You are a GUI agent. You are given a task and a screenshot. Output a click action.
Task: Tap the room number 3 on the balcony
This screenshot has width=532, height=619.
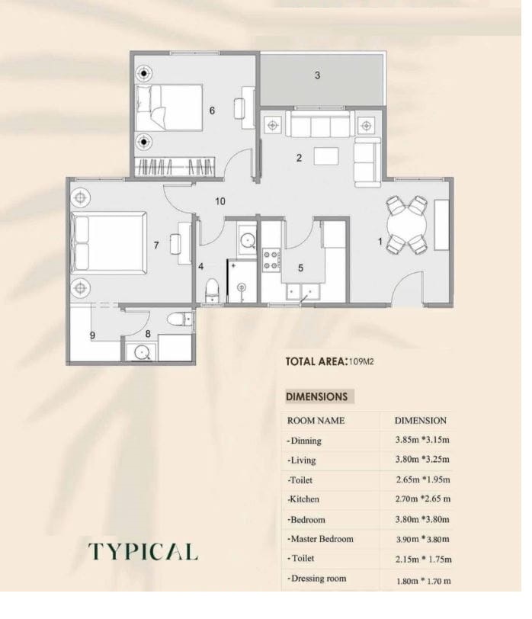pyautogui.click(x=317, y=75)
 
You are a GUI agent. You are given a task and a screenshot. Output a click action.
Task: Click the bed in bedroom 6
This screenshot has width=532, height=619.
pyautogui.click(x=169, y=107)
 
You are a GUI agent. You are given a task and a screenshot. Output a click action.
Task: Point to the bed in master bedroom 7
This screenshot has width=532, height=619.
pyautogui.click(x=109, y=243)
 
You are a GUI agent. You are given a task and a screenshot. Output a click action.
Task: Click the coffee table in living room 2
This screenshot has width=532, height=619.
pyautogui.click(x=326, y=156)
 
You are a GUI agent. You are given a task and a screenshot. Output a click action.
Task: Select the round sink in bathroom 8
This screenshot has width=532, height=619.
pyautogui.click(x=141, y=352)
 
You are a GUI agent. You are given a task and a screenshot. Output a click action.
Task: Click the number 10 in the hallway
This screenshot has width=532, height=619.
pyautogui.click(x=220, y=201)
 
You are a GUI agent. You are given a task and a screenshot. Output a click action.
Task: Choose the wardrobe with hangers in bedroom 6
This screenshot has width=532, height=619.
pyautogui.click(x=175, y=167)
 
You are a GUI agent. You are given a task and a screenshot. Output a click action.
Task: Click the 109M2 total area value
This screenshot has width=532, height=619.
pyautogui.click(x=361, y=361)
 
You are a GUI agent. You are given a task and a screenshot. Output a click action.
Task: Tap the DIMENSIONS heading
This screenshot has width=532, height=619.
pyautogui.click(x=316, y=396)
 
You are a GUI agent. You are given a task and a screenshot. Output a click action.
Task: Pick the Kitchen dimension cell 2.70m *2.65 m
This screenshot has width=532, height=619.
pyautogui.click(x=423, y=499)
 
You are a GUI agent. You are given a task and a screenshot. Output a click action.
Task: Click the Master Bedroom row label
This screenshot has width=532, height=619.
pyautogui.click(x=320, y=539)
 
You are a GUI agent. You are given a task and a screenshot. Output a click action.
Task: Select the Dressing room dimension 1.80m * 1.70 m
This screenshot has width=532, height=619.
pyautogui.click(x=424, y=581)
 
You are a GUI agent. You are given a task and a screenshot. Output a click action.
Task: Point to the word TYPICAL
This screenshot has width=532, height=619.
pyautogui.click(x=143, y=551)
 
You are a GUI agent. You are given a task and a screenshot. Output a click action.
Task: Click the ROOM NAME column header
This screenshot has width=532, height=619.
pyautogui.click(x=316, y=421)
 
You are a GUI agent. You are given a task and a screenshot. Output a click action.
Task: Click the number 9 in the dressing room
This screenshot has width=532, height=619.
pyautogui.click(x=92, y=335)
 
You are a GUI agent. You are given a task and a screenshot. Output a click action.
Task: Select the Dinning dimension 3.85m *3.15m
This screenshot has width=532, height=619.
pyautogui.click(x=422, y=440)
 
